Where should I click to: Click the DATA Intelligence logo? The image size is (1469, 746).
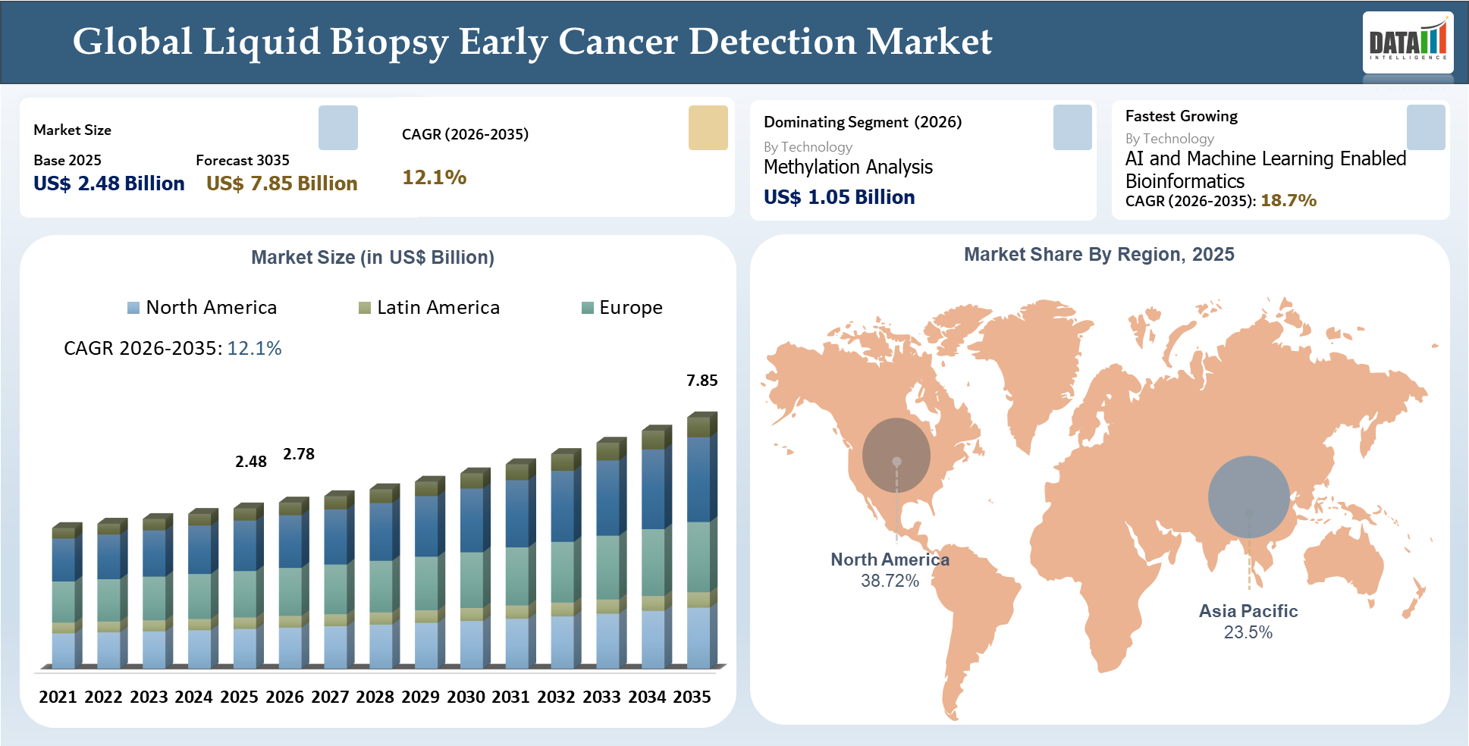[1408, 42]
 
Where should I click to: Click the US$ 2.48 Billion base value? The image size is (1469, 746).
[109, 183]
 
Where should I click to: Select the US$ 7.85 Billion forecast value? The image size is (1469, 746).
[281, 183]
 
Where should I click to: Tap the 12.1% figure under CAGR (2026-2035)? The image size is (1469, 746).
[434, 177]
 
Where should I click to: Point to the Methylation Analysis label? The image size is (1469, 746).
[848, 167]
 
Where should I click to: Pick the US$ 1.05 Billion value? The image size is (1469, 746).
[839, 197]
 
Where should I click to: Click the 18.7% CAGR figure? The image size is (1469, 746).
[1288, 201]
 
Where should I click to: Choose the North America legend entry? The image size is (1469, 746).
[202, 307]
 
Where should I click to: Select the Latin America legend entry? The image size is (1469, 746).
[429, 307]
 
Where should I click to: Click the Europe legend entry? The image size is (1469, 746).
[622, 307]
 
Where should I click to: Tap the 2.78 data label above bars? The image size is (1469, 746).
[299, 454]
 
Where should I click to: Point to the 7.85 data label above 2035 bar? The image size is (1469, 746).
[702, 381]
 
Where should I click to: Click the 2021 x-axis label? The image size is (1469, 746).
[58, 697]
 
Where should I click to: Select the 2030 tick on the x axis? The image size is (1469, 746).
[466, 697]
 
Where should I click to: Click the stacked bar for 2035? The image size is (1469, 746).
[700, 542]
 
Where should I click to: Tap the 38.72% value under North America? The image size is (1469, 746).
[890, 581]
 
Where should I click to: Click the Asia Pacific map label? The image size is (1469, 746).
[1248, 611]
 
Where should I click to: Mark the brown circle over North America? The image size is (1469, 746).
[896, 455]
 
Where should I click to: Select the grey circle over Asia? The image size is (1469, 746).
[1248, 497]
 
